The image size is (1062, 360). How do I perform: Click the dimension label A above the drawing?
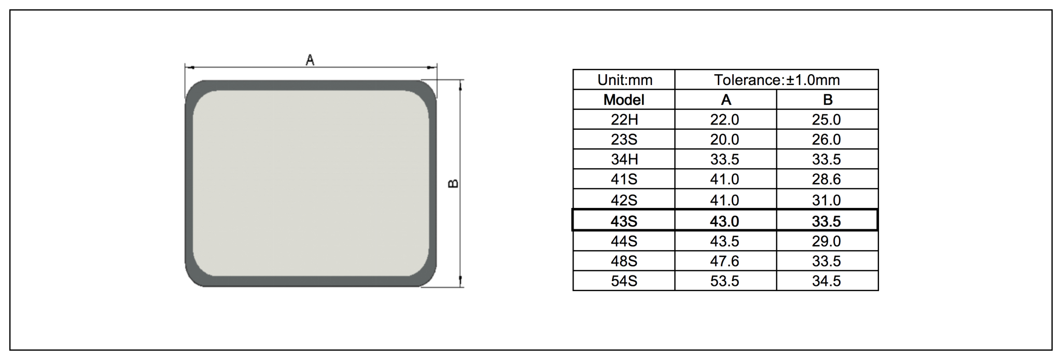(310, 60)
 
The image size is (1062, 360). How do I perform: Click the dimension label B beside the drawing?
(453, 184)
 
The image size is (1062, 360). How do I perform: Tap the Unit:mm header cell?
(624, 80)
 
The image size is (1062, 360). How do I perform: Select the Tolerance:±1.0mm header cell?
(776, 80)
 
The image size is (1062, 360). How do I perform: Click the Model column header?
(624, 100)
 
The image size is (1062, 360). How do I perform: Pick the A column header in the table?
(725, 100)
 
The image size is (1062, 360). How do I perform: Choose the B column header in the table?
(827, 100)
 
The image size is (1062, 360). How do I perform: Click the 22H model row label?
(624, 120)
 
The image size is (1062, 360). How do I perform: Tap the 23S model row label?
(624, 140)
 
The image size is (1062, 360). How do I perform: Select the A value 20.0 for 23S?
(724, 140)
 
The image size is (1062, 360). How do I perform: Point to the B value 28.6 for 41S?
(826, 179)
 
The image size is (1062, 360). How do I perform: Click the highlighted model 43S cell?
(624, 221)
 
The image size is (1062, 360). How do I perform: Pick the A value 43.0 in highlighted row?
(724, 221)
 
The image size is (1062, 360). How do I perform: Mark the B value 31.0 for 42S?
(826, 200)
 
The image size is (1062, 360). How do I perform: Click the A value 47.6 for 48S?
(724, 261)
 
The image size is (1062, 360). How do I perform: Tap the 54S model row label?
(624, 281)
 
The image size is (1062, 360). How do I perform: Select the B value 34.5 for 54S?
(826, 281)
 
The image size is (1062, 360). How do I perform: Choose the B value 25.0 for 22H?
(826, 120)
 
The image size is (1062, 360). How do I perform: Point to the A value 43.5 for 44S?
(724, 241)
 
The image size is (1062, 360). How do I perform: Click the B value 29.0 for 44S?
(826, 241)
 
